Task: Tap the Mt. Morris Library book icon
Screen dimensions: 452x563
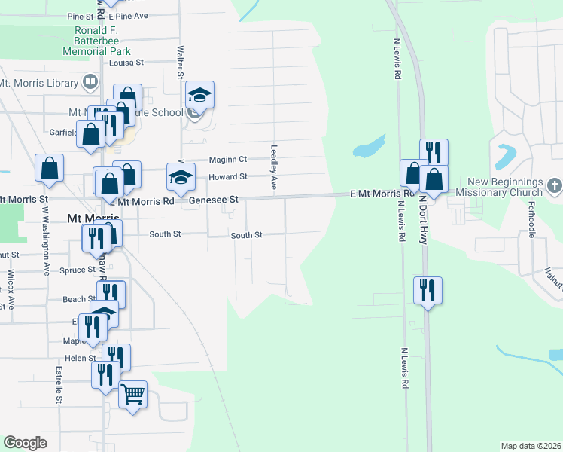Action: click(x=90, y=81)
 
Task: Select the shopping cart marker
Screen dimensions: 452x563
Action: click(x=132, y=394)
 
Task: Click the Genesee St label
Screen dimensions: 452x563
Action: click(x=213, y=200)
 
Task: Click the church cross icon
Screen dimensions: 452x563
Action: click(x=554, y=185)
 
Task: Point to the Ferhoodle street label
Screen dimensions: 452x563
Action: click(x=531, y=219)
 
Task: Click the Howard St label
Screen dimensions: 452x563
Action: click(x=228, y=176)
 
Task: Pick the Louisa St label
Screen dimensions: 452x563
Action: click(x=126, y=63)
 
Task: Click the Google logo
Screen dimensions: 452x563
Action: click(x=26, y=442)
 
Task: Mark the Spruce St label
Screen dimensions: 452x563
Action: click(x=76, y=270)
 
